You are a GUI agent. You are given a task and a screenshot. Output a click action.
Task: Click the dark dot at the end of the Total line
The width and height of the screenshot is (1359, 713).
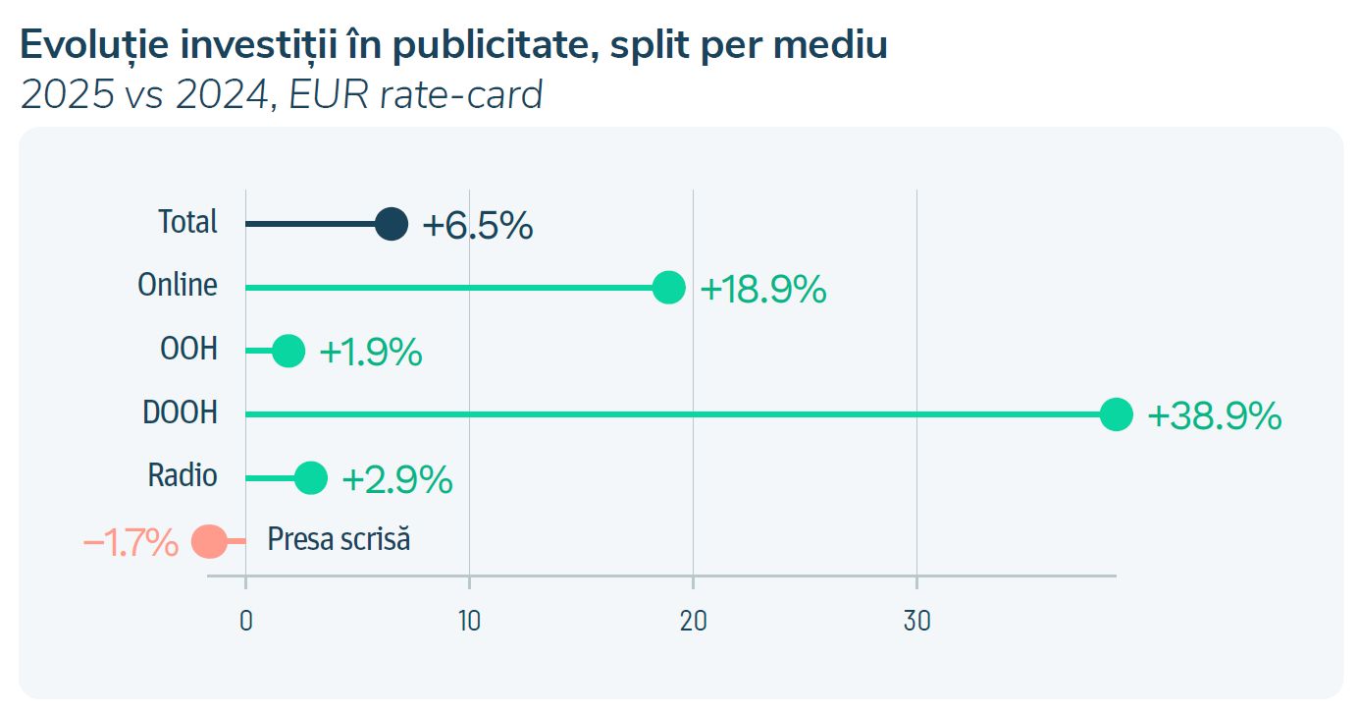click(392, 225)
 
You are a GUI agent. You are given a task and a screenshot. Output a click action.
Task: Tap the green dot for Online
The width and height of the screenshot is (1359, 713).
click(669, 288)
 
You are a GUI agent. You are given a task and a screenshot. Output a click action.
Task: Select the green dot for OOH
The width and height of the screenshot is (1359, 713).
click(288, 351)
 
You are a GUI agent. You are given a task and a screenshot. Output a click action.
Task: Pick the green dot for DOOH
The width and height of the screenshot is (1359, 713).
click(1117, 414)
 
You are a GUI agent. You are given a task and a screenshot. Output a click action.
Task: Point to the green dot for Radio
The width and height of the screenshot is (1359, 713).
click(311, 478)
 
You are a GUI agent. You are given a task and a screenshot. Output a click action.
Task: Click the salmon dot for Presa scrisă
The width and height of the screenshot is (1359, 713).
click(208, 541)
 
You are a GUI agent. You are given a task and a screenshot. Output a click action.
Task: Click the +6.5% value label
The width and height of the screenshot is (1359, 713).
click(478, 226)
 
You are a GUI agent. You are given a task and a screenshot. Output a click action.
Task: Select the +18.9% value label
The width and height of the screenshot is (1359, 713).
click(762, 290)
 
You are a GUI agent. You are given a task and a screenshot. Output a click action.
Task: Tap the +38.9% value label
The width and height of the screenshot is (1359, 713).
click(1214, 416)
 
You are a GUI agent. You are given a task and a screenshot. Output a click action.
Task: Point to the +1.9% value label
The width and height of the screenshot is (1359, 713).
click(371, 353)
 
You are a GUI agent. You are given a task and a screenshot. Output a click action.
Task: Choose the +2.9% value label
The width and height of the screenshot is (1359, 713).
click(396, 479)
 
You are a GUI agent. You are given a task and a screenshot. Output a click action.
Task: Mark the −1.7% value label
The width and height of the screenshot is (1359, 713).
click(131, 542)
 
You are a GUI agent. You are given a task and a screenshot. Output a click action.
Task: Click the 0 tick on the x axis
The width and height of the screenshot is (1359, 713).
click(245, 622)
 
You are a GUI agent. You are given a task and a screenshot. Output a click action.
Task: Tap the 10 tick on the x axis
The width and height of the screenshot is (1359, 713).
click(469, 622)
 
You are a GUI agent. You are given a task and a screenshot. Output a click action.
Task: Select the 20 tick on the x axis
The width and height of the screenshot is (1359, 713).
click(693, 622)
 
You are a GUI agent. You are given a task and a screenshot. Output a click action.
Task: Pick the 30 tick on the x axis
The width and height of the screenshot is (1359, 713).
click(916, 622)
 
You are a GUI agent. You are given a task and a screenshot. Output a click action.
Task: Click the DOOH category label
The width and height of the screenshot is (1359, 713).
click(181, 413)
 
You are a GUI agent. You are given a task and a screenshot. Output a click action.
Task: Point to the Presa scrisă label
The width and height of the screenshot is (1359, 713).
click(339, 539)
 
